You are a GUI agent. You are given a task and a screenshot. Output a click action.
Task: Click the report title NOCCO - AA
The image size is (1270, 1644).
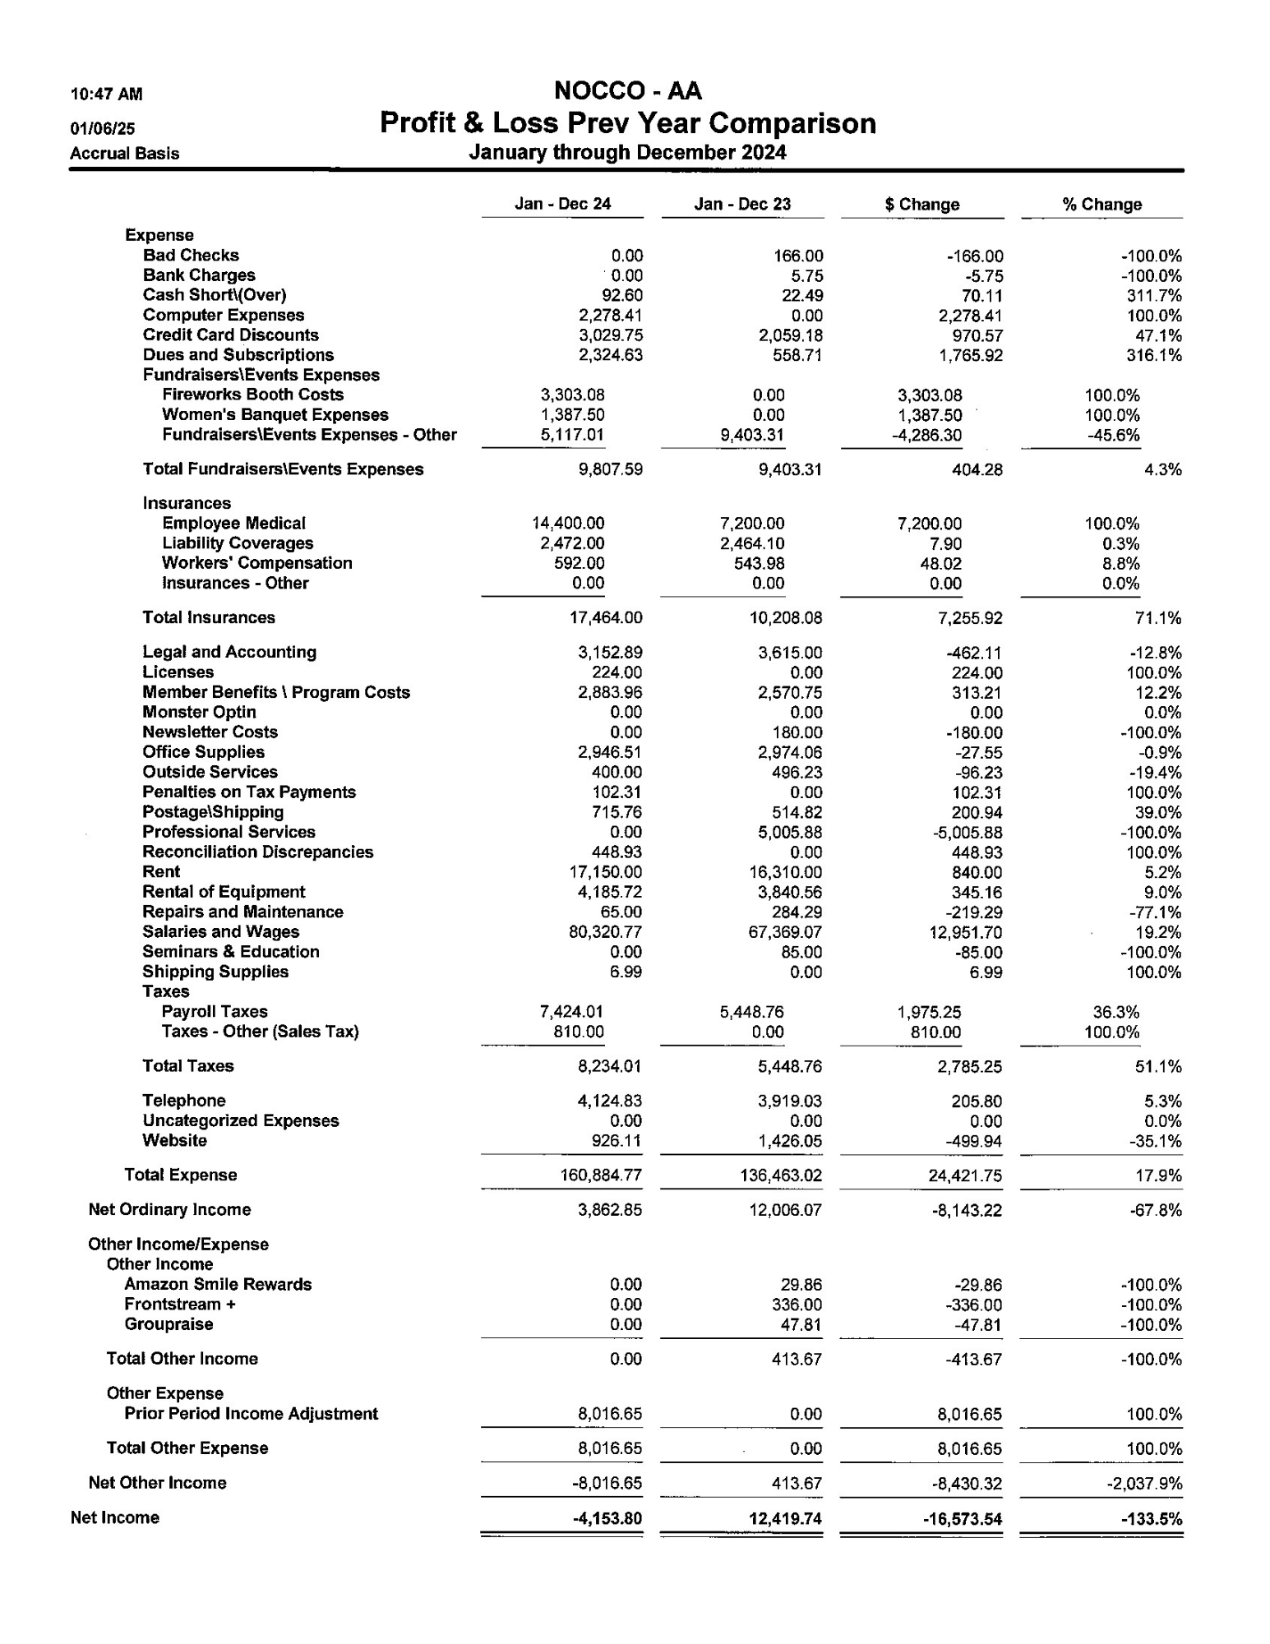coord(627,90)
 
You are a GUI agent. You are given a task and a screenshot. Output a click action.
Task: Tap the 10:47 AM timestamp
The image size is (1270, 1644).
coord(106,95)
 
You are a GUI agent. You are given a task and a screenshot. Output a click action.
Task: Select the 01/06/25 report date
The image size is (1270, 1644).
coord(103,128)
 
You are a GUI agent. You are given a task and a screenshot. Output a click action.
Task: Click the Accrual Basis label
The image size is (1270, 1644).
coord(124,154)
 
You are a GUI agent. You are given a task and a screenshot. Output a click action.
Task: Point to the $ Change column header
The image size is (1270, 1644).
coord(921,205)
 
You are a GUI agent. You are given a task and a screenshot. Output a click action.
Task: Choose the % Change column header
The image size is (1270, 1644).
coord(1101,205)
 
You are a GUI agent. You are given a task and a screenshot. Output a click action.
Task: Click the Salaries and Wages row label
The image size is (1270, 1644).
coord(220,932)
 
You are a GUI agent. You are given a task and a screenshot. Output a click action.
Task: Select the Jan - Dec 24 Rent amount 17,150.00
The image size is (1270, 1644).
coord(608,872)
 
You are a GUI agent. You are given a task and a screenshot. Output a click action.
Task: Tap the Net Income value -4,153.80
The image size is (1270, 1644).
coord(607,1518)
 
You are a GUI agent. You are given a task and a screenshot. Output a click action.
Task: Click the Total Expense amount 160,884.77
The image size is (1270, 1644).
coord(602,1175)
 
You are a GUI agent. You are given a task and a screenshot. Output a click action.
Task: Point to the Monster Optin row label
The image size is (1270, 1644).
coord(199,713)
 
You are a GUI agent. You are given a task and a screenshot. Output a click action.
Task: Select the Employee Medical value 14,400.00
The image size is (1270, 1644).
coord(568,524)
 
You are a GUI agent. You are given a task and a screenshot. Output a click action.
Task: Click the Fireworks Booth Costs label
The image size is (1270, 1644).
coord(252,395)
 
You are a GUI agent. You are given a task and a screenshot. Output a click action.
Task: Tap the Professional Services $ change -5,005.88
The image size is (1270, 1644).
coord(966,833)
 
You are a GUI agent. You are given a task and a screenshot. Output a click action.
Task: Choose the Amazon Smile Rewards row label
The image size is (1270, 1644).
coord(218,1285)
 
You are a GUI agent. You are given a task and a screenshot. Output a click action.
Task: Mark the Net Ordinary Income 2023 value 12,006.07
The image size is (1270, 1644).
coord(785,1210)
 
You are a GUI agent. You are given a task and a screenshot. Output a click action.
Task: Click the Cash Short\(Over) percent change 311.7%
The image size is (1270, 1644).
coord(1154,296)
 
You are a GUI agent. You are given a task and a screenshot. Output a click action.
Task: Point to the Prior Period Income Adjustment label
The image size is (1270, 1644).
coord(251,1414)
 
